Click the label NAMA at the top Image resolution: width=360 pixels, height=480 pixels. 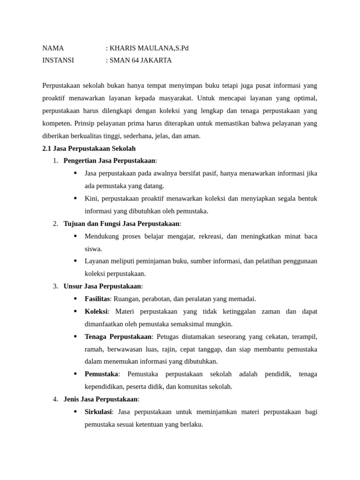[53, 48]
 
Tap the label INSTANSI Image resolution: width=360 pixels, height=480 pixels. [58, 60]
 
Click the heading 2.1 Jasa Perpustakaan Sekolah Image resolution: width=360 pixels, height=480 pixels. [89, 148]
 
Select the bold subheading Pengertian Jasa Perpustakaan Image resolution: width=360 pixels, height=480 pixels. [109, 161]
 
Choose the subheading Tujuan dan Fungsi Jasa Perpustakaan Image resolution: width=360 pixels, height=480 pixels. [121, 224]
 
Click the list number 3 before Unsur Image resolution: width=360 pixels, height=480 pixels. [55, 286]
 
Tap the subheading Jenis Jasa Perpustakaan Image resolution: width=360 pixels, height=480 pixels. [100, 399]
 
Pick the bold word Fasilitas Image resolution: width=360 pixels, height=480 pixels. [97, 299]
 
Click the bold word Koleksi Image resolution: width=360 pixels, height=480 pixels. [96, 311]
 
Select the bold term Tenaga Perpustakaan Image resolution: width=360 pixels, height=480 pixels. [118, 337]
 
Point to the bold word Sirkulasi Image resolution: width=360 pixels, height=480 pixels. [98, 412]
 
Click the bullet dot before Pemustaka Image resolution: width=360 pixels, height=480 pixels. [75, 374]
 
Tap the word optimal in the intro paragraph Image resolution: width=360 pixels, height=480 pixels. [305, 98]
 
